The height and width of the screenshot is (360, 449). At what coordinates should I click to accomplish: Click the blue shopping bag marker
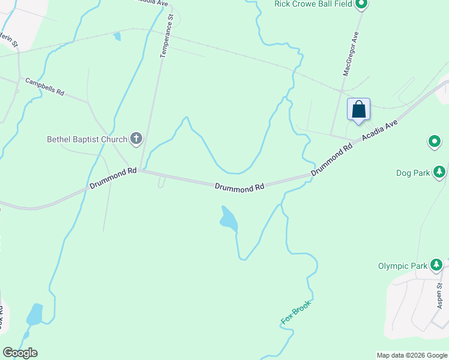pos(358,110)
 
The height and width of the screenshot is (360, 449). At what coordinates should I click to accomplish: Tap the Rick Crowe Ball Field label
pos(313,4)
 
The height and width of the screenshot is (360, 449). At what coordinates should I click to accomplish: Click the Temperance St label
pos(166,37)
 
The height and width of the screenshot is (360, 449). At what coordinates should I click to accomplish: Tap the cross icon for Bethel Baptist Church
pos(136,139)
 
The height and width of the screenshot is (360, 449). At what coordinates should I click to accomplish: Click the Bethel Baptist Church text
pos(87,140)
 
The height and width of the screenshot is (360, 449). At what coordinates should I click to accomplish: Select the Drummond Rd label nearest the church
pos(113,179)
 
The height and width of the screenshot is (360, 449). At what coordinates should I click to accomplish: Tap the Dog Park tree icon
pos(440,172)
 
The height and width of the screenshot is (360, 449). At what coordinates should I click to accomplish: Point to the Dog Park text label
pos(413,173)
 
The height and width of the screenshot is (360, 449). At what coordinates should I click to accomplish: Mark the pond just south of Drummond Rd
pos(229,219)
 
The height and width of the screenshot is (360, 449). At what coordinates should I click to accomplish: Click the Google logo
pos(20,353)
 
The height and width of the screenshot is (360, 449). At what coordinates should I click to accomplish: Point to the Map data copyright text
pos(412,355)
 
